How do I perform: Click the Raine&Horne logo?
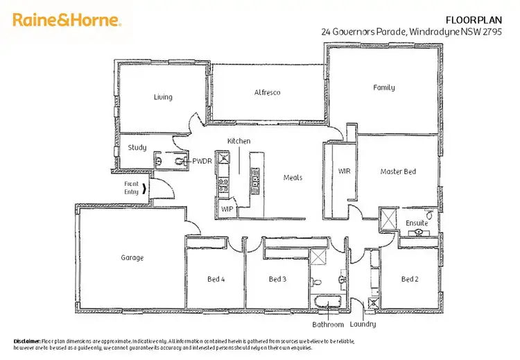(x=67, y=20)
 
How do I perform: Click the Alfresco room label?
(x=267, y=92)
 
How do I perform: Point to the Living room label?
(x=163, y=97)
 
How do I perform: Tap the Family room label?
(x=383, y=87)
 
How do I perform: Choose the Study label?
(x=137, y=147)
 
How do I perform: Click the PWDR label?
(x=202, y=161)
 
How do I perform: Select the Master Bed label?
(x=398, y=171)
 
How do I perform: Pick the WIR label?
(x=345, y=171)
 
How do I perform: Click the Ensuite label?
(x=417, y=223)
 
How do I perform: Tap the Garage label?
(x=132, y=257)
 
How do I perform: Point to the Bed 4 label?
(x=216, y=279)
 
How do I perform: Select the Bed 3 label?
(x=277, y=279)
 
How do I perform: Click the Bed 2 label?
(x=410, y=279)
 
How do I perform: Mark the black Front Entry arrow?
(x=144, y=189)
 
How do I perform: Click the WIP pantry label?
(x=227, y=208)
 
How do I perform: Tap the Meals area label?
(x=293, y=178)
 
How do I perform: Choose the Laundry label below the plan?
(x=363, y=324)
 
